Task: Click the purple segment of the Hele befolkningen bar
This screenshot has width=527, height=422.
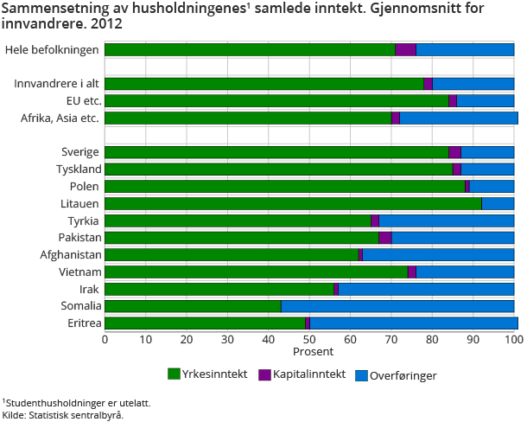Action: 405,49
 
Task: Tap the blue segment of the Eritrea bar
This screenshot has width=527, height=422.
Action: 413,323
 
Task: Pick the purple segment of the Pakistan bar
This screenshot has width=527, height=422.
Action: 385,238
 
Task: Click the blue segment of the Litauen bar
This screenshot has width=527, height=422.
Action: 498,203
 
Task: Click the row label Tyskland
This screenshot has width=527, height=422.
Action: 79,169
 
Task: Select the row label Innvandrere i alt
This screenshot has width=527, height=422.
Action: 58,84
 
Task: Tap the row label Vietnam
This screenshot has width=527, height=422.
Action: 80,272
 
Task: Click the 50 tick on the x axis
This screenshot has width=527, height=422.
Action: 309,339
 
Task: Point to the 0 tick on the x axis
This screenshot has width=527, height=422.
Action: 105,339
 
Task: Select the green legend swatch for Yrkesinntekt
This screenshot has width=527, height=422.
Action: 173,374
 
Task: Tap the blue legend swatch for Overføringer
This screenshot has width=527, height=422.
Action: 363,374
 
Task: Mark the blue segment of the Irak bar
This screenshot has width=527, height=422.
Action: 426,289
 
